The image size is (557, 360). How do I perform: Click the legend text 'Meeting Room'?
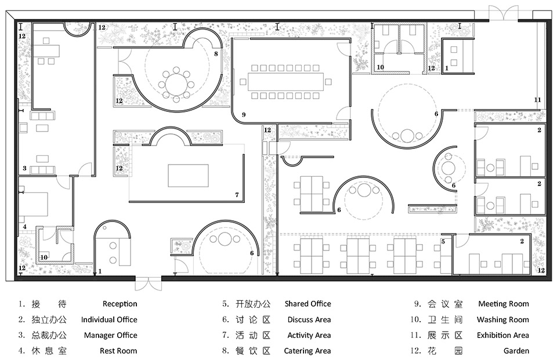coord(504,304)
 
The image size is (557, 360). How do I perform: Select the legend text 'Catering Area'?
coord(308,351)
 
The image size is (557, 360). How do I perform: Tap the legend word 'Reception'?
coord(120,304)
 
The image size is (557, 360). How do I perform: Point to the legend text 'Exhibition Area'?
coord(502,335)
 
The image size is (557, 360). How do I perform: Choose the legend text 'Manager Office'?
coord(110,336)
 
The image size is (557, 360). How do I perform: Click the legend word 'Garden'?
coord(516,351)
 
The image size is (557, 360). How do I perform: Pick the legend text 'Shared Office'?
coord(308,304)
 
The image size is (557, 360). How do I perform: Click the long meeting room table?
coord(285,82)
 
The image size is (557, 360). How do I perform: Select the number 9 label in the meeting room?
coord(244,115)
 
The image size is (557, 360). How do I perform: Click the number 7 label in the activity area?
coord(237,195)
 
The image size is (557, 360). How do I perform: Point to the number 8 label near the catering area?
coord(216,54)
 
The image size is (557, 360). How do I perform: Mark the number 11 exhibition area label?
coord(537,100)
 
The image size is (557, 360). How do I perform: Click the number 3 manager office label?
coord(24,168)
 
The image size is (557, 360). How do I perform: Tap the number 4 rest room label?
coord(24,227)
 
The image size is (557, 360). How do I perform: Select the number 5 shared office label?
coord(443,241)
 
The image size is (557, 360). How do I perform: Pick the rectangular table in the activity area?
coord(188,176)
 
